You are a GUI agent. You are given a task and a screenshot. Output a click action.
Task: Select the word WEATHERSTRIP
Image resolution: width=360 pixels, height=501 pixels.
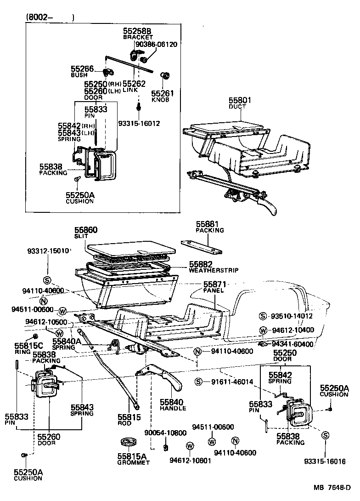click(214, 270)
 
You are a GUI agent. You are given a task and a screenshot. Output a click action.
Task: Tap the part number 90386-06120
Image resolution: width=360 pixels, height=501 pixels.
click(156, 45)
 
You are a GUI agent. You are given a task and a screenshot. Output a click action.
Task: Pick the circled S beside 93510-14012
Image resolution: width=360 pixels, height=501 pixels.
click(263, 316)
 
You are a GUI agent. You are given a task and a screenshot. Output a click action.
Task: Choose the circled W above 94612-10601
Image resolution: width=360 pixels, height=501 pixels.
click(189, 446)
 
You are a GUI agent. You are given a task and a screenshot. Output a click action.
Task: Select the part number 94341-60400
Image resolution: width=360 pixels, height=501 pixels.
click(292, 344)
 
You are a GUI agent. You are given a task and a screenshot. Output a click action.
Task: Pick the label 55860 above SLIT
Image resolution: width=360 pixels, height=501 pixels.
click(86, 229)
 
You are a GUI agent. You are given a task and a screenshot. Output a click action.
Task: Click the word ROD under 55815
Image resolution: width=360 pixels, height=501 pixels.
click(124, 423)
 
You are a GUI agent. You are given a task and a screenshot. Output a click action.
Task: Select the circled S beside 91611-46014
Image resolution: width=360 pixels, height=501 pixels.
click(198, 381)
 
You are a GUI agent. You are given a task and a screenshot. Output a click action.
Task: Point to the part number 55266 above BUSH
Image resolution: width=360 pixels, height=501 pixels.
click(82, 69)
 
